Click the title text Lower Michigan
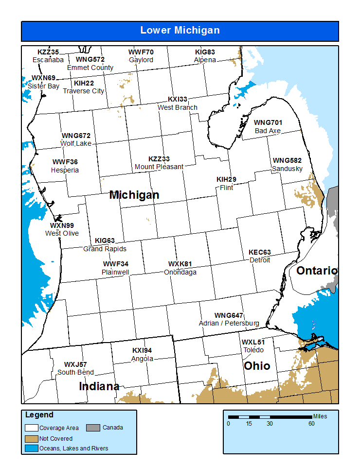[180, 30]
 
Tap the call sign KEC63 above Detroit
[259, 252]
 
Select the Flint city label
[226, 188]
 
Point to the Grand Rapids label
[105, 249]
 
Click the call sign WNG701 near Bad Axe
[268, 123]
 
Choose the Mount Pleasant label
[159, 167]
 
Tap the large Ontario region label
[317, 271]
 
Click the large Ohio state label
[256, 366]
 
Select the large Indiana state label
[99, 386]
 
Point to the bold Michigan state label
[134, 195]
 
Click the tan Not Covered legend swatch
[32, 438]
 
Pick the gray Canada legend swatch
[93, 428]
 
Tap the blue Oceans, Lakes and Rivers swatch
[32, 448]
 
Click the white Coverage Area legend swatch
[32, 428]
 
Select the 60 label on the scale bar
[311, 424]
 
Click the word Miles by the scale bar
[320, 416]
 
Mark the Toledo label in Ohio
[253, 350]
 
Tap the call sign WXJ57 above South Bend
[75, 364]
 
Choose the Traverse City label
[84, 91]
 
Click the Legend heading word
[39, 415]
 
